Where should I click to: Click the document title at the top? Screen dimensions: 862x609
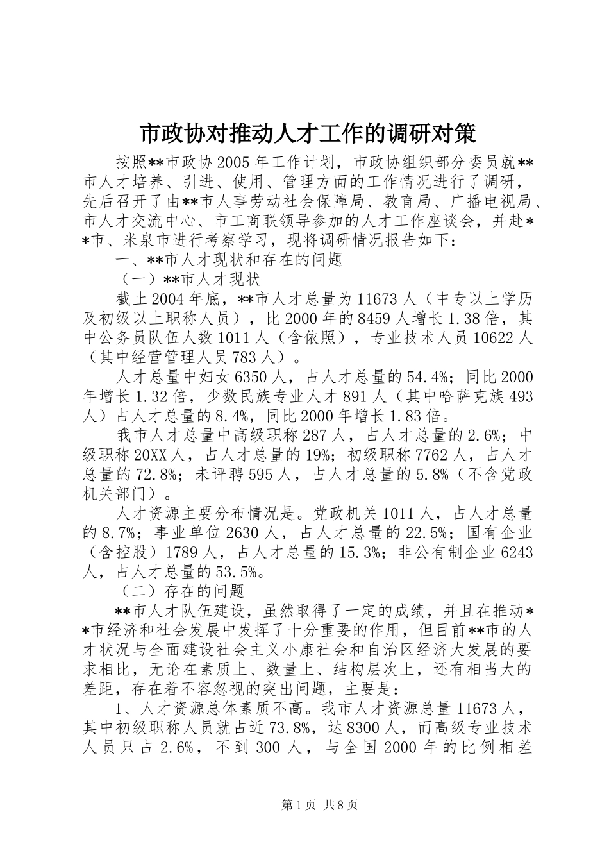pos(308,134)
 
